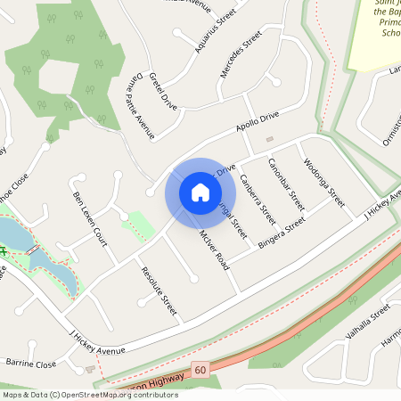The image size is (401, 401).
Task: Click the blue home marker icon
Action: [200, 192]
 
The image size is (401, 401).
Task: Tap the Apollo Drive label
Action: [258, 123]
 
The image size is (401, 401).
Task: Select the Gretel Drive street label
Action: [164, 89]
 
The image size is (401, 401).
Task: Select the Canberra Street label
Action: [257, 198]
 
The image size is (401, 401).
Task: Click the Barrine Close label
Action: [31, 364]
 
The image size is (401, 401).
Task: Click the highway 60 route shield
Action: [200, 369]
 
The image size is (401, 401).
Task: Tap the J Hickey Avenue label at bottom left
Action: [97, 340]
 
